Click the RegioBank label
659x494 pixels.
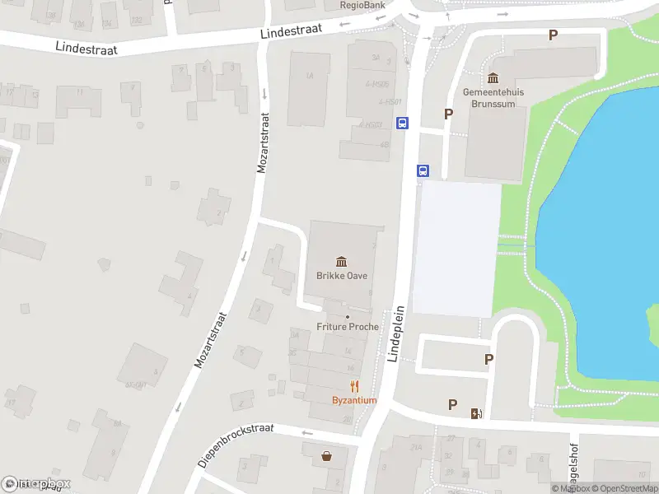coord(363,4)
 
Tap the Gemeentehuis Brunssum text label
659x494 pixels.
coord(493,98)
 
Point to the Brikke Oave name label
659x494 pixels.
coord(342,276)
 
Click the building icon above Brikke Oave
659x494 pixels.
coord(342,262)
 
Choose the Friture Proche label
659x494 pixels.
coord(348,327)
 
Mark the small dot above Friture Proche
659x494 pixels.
coord(348,317)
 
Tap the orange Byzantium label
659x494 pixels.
coord(354,400)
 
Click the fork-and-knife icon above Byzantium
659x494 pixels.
coord(355,386)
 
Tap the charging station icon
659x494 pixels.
coord(475,412)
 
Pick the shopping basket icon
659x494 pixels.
coord(328,454)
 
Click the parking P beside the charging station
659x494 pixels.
coord(452,404)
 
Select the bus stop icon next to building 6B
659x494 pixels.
coord(402,123)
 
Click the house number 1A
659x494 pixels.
coord(310,76)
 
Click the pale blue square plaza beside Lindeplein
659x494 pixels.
coord(456,247)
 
